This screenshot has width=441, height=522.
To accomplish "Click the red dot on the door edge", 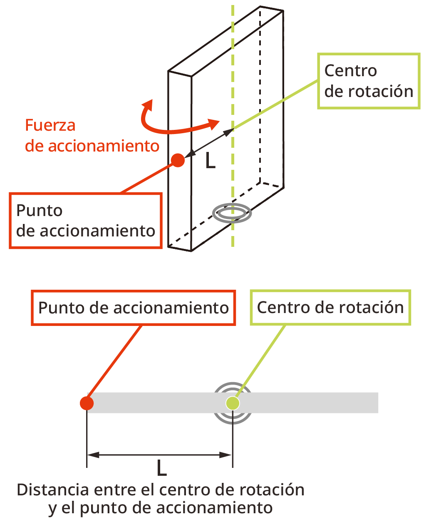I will [x=178, y=160].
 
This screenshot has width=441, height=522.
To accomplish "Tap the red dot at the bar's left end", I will [x=87, y=403].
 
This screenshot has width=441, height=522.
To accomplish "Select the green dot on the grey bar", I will [x=233, y=403].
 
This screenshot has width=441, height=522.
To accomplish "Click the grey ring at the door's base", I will [x=232, y=213].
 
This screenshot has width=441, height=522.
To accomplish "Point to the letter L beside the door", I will [x=211, y=161].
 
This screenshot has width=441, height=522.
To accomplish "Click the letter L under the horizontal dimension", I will [x=161, y=468].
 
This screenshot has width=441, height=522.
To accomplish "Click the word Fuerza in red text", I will [x=50, y=125].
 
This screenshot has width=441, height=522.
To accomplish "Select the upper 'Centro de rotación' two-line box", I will [x=369, y=81].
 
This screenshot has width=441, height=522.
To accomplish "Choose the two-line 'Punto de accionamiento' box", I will [x=86, y=221].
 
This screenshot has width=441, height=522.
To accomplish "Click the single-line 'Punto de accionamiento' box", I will [x=134, y=308].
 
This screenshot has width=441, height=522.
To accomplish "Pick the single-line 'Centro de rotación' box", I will [x=330, y=308].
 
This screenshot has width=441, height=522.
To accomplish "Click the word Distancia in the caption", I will [x=53, y=490].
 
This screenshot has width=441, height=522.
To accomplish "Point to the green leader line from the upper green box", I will [x=275, y=105].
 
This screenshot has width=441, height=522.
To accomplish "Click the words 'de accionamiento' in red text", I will [x=92, y=146].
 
